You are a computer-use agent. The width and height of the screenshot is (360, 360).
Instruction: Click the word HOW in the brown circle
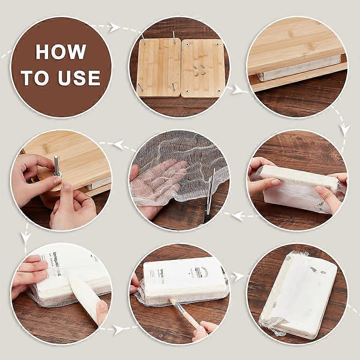[x=60, y=51]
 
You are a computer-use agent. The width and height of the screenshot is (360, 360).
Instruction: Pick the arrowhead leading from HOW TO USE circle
[x=115, y=27]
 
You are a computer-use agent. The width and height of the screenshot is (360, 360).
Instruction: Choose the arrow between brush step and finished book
[x=238, y=276]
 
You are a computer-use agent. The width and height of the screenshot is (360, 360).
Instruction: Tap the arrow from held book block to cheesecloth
[x=237, y=215]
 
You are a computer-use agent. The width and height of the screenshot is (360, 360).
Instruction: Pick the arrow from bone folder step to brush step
[x=119, y=328]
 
